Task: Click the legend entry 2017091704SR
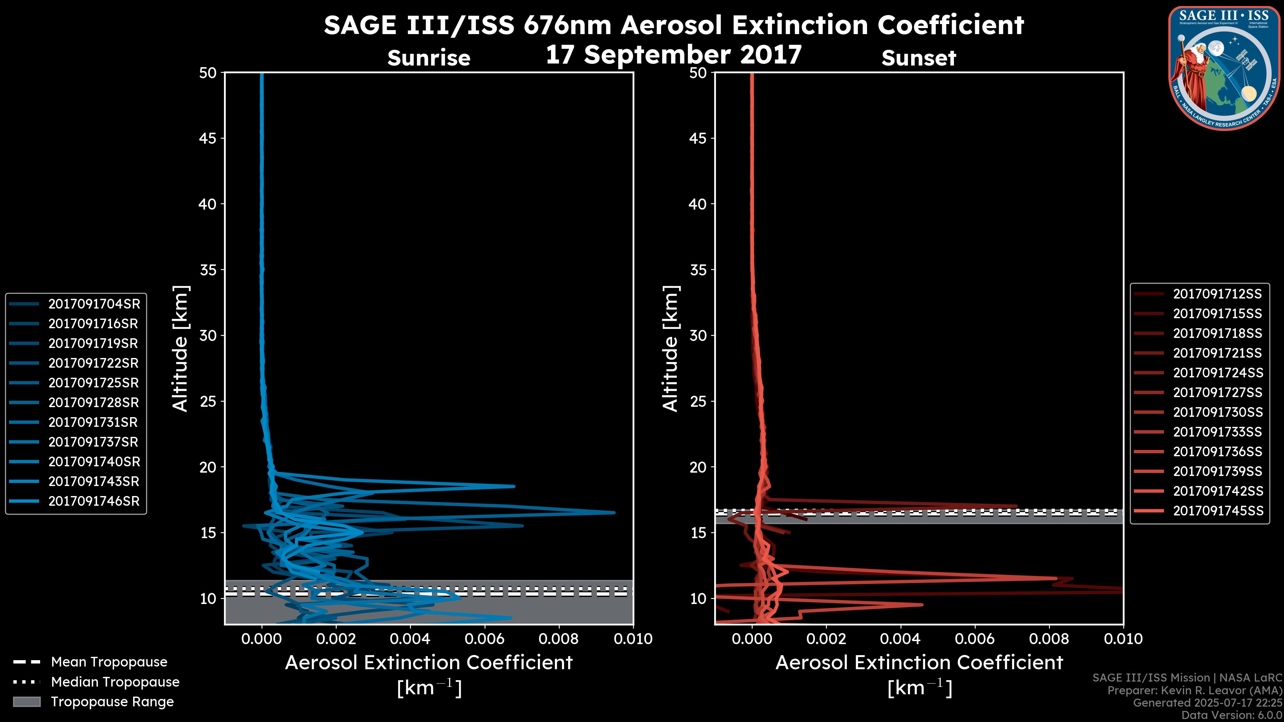point(94,304)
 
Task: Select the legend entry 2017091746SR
point(94,501)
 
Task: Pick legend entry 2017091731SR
point(93,423)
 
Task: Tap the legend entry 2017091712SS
point(1217,294)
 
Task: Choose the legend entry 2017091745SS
point(1218,511)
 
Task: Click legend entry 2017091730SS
point(1218,412)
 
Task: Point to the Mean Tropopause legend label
point(109,662)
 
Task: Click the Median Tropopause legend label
point(115,682)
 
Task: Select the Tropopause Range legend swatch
point(26,702)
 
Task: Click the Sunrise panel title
point(429,58)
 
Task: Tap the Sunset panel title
point(919,58)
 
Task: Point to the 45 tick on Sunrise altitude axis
point(208,138)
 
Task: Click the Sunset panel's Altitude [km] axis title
point(671,349)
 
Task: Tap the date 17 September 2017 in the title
point(673,55)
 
